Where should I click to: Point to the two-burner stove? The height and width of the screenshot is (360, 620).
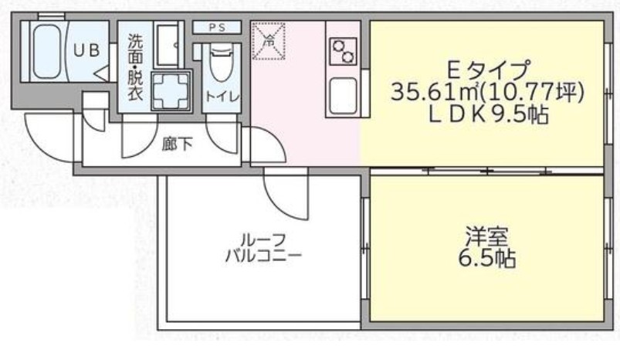(x=342, y=51)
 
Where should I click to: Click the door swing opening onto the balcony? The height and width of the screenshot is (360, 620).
(x=286, y=193)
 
